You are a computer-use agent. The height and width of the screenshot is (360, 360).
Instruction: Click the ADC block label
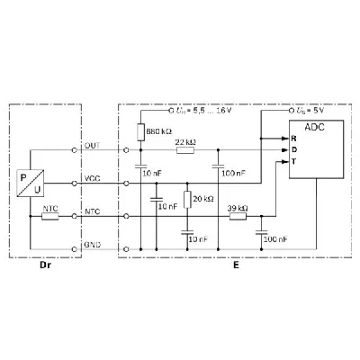click(x=315, y=129)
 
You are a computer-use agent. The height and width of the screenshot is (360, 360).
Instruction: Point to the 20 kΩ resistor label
click(x=203, y=197)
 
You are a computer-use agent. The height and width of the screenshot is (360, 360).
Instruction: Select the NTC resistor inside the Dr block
click(x=50, y=216)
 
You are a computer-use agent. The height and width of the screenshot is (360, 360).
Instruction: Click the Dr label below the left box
click(x=45, y=267)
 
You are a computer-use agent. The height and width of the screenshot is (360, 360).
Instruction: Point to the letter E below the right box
click(x=235, y=267)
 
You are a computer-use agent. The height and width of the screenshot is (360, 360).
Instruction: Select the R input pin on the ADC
click(x=294, y=139)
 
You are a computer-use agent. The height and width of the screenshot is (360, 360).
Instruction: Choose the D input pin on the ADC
click(x=294, y=149)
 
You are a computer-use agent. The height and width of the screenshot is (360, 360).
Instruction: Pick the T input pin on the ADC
click(x=294, y=160)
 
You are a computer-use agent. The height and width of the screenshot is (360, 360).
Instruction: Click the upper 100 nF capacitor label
click(x=234, y=172)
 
